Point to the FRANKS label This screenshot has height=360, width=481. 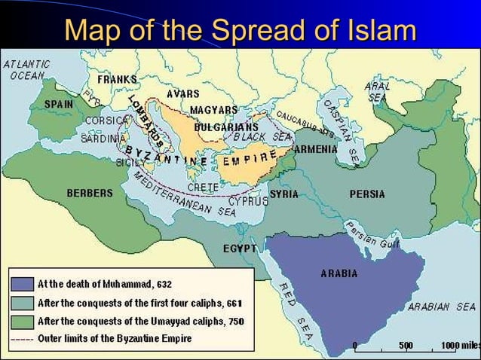click(117, 79)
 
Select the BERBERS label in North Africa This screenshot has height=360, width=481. click(89, 193)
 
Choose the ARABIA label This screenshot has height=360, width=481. click(339, 273)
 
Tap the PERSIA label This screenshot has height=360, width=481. click(367, 194)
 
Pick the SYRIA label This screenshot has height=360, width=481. click(283, 194)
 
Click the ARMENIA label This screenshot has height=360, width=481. click(315, 149)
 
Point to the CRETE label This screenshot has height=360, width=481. click(202, 186)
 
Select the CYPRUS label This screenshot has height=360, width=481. click(250, 202)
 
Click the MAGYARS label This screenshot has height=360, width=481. click(213, 110)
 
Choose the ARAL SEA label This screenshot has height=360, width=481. click(377, 92)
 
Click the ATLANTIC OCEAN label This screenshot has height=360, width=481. click(27, 70)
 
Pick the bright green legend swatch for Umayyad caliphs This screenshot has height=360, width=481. click(22, 322)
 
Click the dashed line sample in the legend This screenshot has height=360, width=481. click(22, 339)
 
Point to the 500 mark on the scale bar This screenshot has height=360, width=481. click(406, 345)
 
